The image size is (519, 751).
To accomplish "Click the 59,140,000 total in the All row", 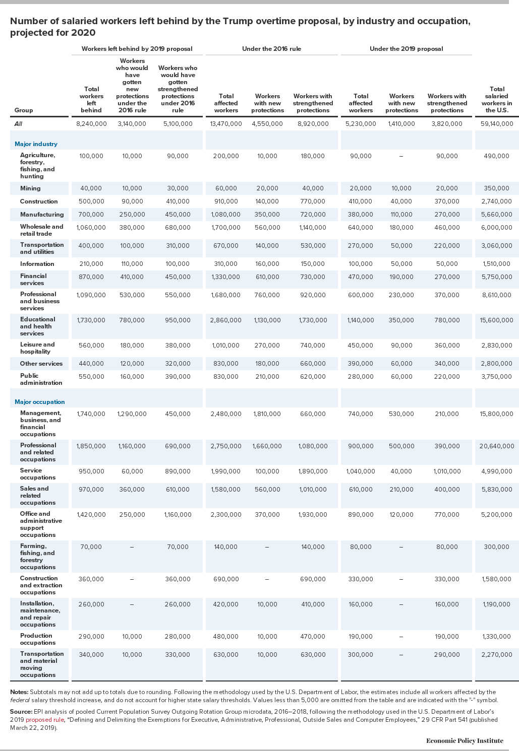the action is click(x=496, y=124).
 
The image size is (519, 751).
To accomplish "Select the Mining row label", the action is click(x=30, y=188).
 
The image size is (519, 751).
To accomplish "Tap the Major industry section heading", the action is click(x=36, y=144).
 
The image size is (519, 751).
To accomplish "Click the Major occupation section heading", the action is click(x=40, y=401).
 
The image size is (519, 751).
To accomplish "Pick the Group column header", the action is click(x=24, y=110).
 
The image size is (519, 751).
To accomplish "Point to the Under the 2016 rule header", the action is click(x=271, y=49).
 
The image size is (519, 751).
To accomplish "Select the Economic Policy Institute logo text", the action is click(x=465, y=740).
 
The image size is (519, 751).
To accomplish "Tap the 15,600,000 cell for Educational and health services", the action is click(x=496, y=320).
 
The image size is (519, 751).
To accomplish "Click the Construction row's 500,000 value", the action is click(x=91, y=201).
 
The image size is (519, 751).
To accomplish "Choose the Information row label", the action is click(x=37, y=264).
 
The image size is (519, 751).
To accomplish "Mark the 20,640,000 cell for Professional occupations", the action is click(x=496, y=446).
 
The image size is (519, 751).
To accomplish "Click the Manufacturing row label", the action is click(x=42, y=214).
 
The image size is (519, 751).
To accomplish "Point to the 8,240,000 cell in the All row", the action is click(x=91, y=124).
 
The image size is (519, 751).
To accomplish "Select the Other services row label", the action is click(x=41, y=364).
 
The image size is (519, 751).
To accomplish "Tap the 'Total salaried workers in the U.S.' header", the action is click(x=497, y=100).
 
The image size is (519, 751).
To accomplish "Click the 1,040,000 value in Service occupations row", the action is click(x=361, y=471).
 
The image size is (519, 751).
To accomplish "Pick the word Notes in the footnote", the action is click(x=19, y=692).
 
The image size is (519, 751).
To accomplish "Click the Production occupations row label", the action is click(x=38, y=639).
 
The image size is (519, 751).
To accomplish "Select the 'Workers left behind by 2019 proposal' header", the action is click(x=137, y=49).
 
